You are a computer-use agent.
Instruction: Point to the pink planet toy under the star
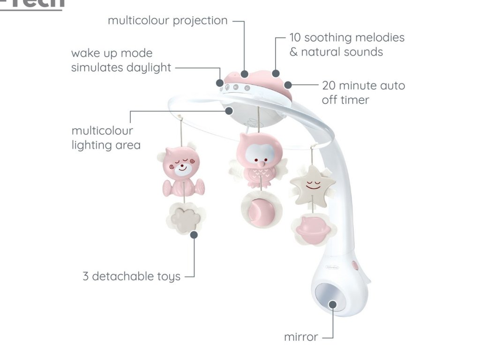coord(315,228)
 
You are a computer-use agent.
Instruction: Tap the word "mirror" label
coord(301,337)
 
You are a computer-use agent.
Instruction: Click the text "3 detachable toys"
coord(131,276)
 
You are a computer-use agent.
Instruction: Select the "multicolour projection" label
coord(167,21)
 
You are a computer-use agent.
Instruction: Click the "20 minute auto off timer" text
coord(363,92)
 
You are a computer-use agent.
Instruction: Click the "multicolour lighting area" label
coord(105,137)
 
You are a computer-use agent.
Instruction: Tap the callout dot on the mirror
coord(333,304)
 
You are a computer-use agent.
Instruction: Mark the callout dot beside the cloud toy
coord(194,234)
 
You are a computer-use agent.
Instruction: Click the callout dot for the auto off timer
coord(288,85)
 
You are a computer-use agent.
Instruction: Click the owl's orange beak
coord(257,165)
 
